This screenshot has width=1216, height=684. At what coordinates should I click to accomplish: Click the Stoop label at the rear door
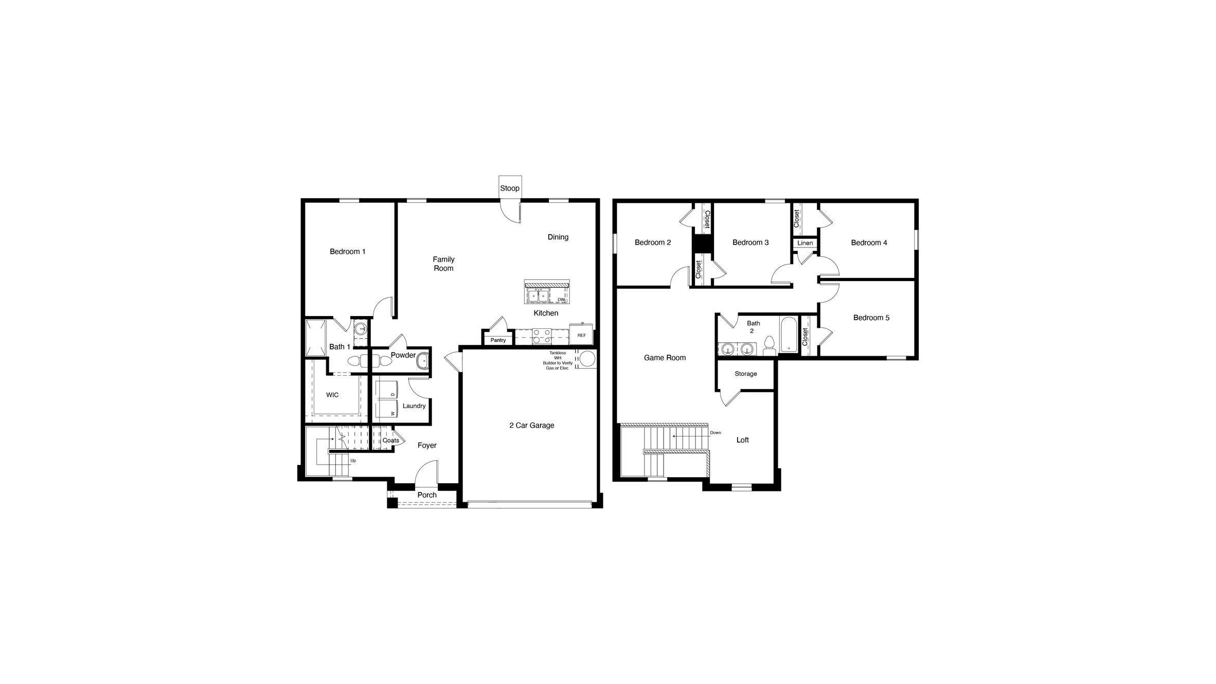[509, 188]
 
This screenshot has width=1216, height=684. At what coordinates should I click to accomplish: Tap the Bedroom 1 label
[347, 252]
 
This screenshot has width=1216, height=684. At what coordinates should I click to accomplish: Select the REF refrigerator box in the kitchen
[581, 335]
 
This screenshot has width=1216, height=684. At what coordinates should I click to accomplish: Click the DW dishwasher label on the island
[561, 300]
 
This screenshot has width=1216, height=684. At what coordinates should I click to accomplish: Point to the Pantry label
[497, 340]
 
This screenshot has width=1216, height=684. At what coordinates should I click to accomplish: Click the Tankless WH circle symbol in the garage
[587, 359]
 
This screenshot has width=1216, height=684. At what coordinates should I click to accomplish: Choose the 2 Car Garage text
[531, 426]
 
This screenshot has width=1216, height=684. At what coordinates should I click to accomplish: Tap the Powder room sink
[422, 361]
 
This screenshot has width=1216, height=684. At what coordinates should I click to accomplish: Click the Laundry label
[414, 406]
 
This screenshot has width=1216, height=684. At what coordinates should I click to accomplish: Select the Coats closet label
[390, 441]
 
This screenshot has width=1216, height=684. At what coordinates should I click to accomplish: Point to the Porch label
[426, 495]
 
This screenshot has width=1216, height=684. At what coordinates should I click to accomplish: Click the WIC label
[332, 395]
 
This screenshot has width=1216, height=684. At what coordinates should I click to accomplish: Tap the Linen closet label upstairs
[805, 243]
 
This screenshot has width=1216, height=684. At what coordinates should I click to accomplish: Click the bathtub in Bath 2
[788, 335]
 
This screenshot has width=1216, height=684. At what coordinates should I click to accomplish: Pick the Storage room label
[745, 374]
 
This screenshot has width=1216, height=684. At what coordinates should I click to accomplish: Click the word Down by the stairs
[715, 433]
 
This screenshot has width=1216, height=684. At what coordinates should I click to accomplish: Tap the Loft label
[742, 440]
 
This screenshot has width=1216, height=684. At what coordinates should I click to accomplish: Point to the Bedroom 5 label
[871, 318]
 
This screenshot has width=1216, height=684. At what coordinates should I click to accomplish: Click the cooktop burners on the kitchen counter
[541, 336]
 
